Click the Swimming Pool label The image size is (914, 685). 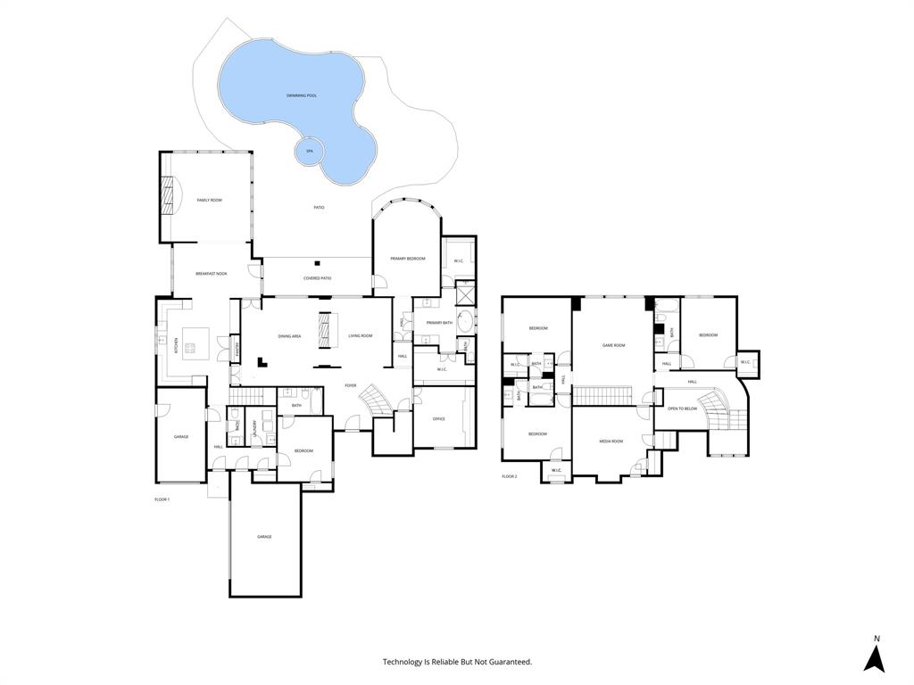pyautogui.click(x=302, y=95)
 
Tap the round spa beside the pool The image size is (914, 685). pyautogui.click(x=310, y=152)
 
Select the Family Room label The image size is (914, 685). pyautogui.click(x=209, y=201)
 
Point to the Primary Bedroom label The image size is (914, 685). pyautogui.click(x=407, y=259)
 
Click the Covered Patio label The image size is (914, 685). pyautogui.click(x=317, y=278)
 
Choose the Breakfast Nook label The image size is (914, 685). pyautogui.click(x=212, y=274)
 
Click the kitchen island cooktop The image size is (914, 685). pyautogui.click(x=189, y=347)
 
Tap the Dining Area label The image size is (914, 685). pyautogui.click(x=289, y=336)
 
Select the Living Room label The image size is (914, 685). pyautogui.click(x=360, y=336)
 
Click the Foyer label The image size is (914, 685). pyautogui.click(x=351, y=385)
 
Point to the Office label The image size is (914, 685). pyautogui.click(x=438, y=418)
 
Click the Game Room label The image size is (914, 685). pyautogui.click(x=613, y=345)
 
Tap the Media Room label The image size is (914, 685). pyautogui.click(x=611, y=441)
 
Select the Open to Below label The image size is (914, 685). pyautogui.click(x=682, y=409)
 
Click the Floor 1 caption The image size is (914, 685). pyautogui.click(x=162, y=499)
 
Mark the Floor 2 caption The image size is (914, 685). pyautogui.click(x=509, y=476)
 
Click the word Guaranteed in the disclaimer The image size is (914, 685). pyautogui.click(x=509, y=662)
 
